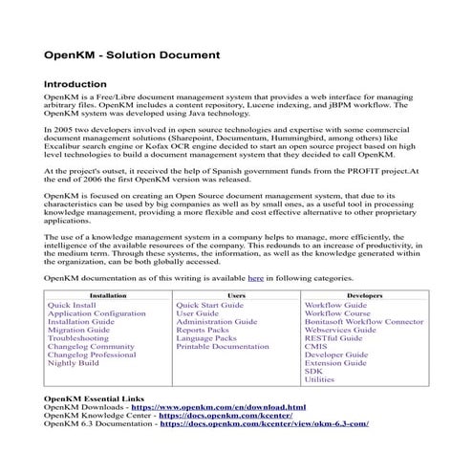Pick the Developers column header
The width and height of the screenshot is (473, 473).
[x=364, y=296]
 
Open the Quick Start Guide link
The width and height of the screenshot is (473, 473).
[x=210, y=305]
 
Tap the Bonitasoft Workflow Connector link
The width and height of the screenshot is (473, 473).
[x=363, y=322]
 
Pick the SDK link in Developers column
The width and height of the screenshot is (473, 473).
[x=313, y=372]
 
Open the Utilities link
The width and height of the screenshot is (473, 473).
[x=319, y=380]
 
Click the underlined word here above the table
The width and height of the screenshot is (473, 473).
[x=255, y=278]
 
